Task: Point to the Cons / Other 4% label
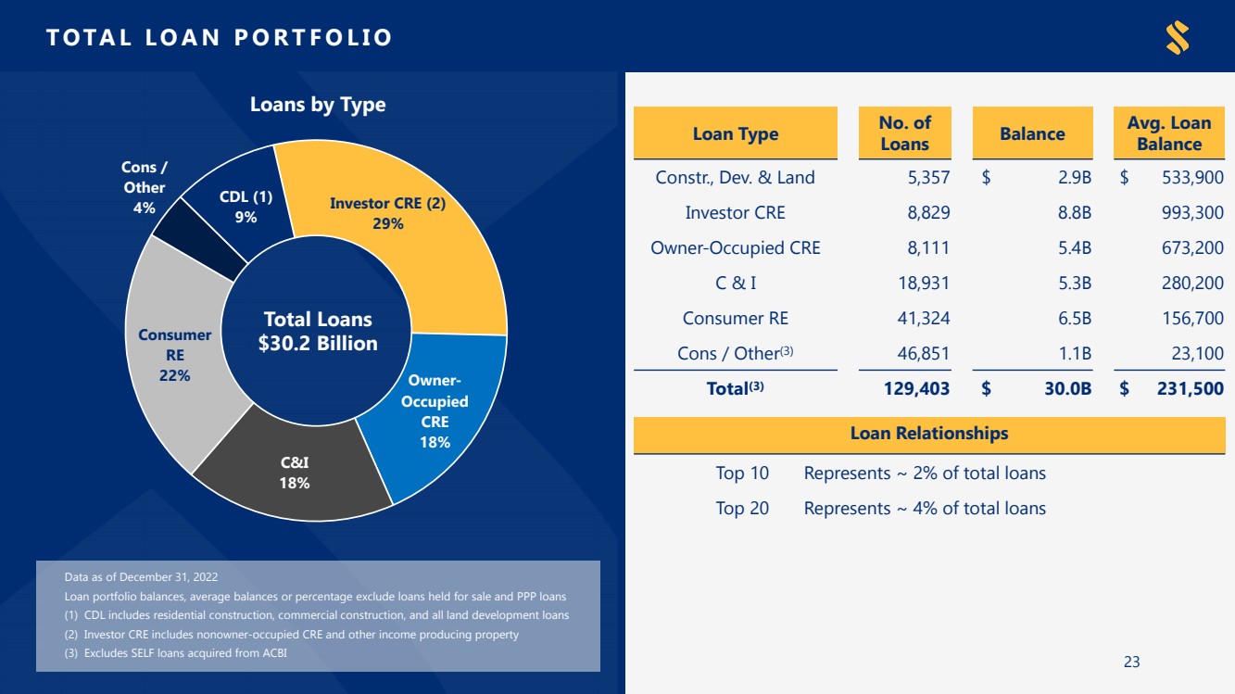(144, 187)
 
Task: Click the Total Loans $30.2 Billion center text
(318, 332)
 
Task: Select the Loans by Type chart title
(318, 104)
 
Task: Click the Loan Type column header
(736, 133)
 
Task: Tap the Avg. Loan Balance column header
(1169, 133)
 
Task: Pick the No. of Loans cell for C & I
(924, 283)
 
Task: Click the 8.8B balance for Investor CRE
(1074, 212)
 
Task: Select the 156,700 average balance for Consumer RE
(1192, 318)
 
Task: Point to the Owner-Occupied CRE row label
(736, 247)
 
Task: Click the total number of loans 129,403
(916, 388)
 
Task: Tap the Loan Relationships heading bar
(929, 435)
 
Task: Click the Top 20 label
(742, 508)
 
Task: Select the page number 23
(1131, 662)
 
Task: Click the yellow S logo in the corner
(1178, 37)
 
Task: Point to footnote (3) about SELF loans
(176, 652)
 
